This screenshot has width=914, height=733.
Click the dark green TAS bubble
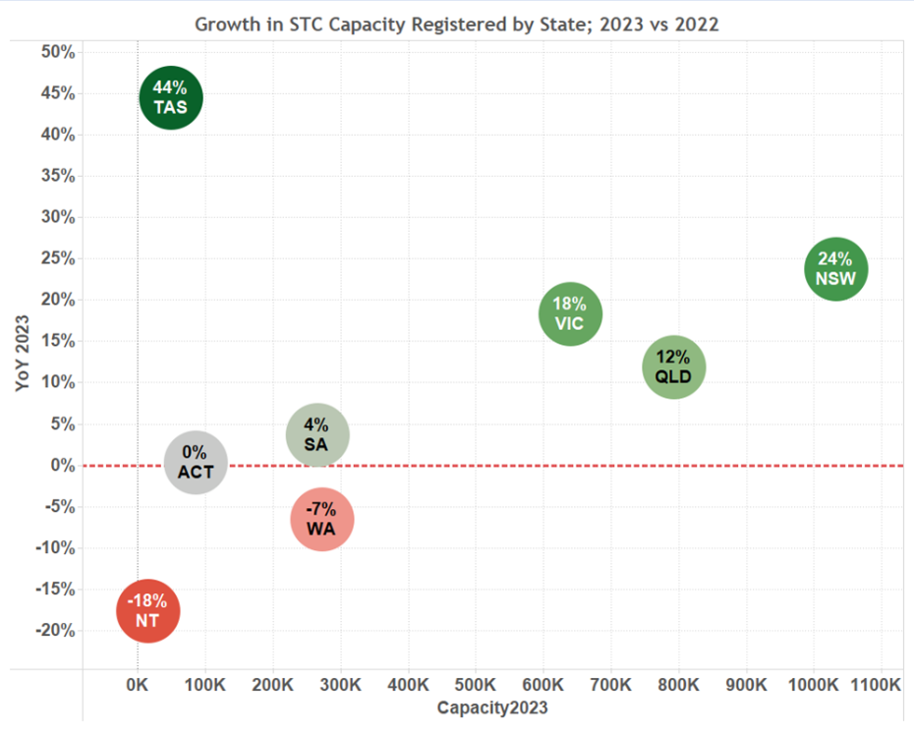coord(171,98)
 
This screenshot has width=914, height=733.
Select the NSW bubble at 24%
coord(835,268)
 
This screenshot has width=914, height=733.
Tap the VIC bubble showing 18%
coord(570,313)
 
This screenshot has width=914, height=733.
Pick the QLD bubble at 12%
coord(674,366)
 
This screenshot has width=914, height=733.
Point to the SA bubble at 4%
coord(317,435)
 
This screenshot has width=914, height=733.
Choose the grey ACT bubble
coord(196,463)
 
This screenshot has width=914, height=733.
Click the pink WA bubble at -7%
coord(322,520)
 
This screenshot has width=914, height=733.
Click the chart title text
coord(456,25)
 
